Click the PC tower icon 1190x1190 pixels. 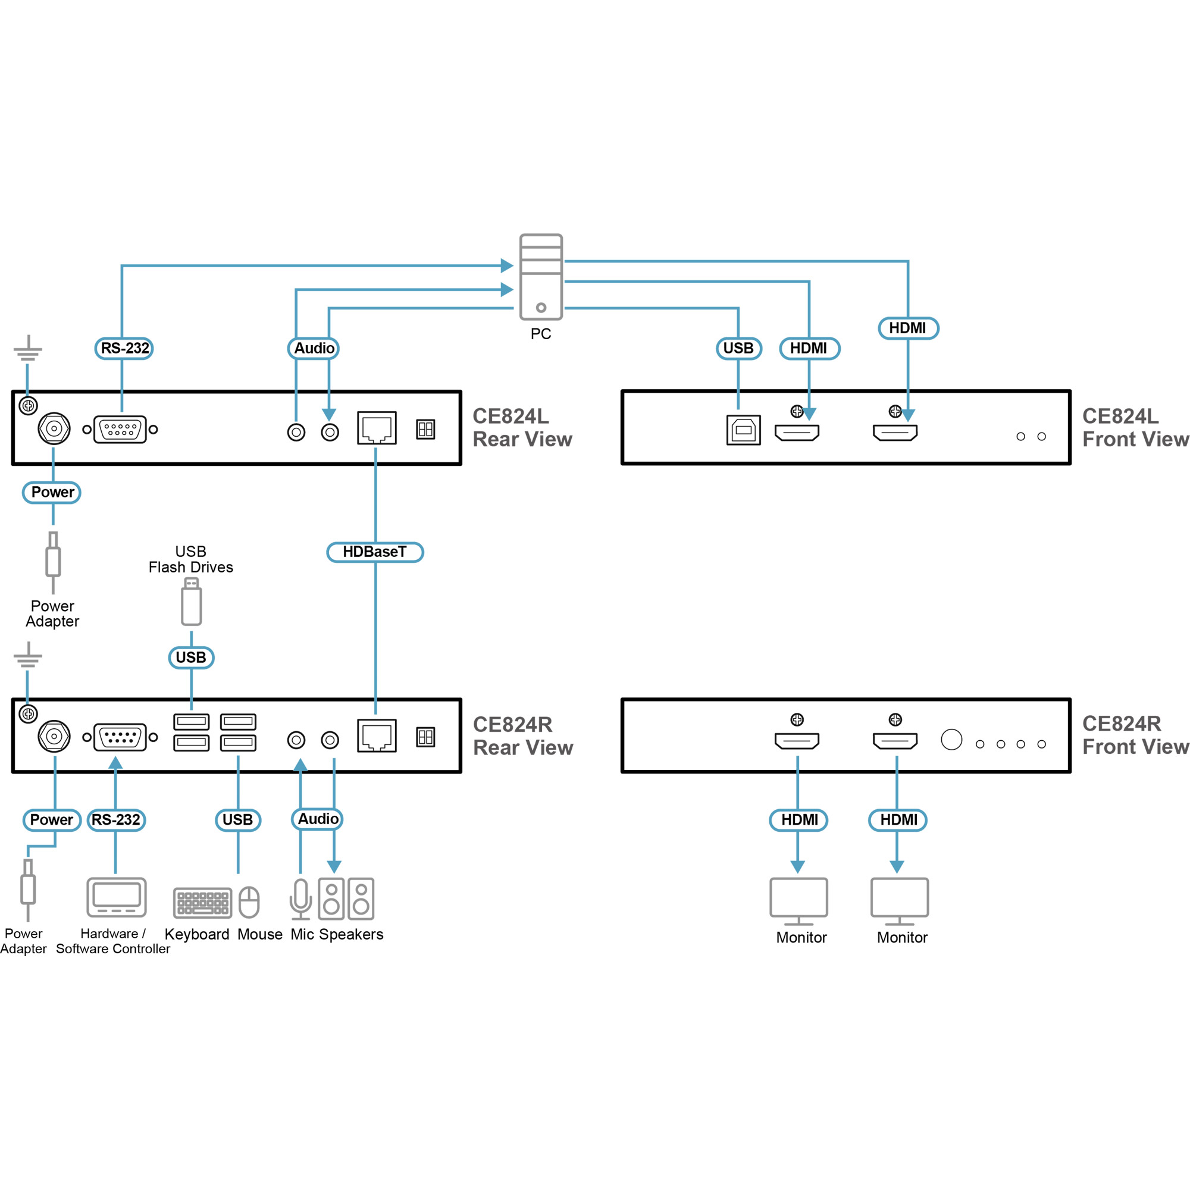pyautogui.click(x=541, y=277)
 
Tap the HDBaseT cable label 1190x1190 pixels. pyautogui.click(x=374, y=552)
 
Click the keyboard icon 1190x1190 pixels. pyautogui.click(x=203, y=903)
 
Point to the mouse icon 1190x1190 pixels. pyautogui.click(x=249, y=903)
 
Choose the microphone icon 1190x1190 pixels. pyautogui.click(x=300, y=898)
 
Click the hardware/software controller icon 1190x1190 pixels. pyautogui.click(x=117, y=897)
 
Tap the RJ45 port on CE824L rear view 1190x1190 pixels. pyautogui.click(x=377, y=428)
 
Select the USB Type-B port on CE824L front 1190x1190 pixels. pyautogui.click(x=743, y=430)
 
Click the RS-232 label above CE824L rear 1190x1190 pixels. pyautogui.click(x=124, y=348)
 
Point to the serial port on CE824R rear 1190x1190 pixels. pyautogui.click(x=120, y=737)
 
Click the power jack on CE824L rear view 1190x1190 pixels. pyautogui.click(x=54, y=428)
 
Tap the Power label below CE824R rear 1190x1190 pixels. pyautogui.click(x=52, y=820)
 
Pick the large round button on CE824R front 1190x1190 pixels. pyautogui.click(x=951, y=739)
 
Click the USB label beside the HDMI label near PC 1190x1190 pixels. pyautogui.click(x=738, y=348)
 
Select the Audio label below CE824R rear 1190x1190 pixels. pyautogui.click(x=317, y=819)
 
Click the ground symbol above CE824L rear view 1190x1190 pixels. pyautogui.click(x=28, y=349)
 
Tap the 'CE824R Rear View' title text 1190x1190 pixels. pyautogui.click(x=522, y=736)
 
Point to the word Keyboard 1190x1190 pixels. pyautogui.click(x=196, y=934)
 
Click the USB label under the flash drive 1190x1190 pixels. pyautogui.click(x=191, y=657)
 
